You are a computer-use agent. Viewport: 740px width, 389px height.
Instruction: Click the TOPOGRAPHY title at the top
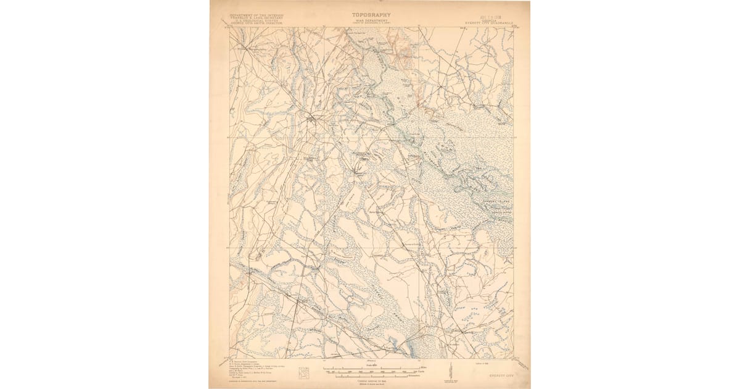coord(371,14)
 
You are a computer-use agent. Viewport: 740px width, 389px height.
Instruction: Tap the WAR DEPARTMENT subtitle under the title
coord(371,20)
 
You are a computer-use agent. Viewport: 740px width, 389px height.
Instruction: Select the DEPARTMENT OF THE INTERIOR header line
coord(256,14)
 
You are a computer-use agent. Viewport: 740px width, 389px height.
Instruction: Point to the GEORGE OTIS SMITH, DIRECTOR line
coord(256,24)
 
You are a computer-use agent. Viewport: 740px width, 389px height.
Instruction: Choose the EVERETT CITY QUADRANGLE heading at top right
coord(489,23)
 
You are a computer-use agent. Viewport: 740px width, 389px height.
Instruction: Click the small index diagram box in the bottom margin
coord(303,372)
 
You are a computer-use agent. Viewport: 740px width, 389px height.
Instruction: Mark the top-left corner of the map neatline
coord(229,27)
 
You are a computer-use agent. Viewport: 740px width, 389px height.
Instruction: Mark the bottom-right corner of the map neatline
coord(514,358)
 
